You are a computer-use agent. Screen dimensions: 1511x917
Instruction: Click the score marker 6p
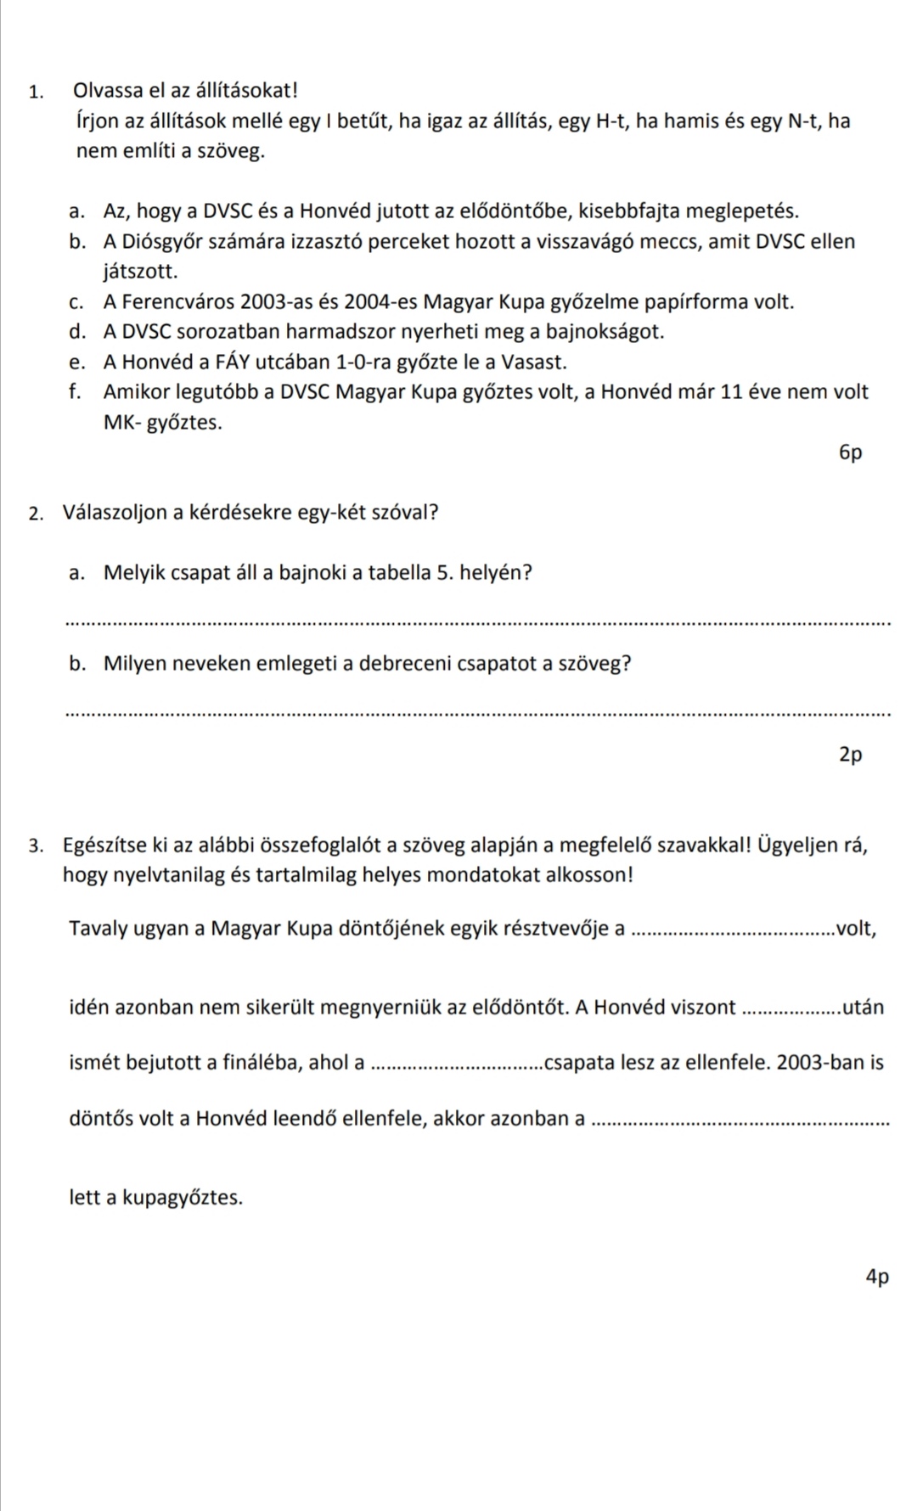click(x=850, y=452)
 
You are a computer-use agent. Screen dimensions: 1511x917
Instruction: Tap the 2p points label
click(x=850, y=754)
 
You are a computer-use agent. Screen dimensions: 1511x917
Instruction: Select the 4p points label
click(x=877, y=1276)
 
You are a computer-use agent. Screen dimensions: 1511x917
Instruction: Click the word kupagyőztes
click(x=183, y=1198)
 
